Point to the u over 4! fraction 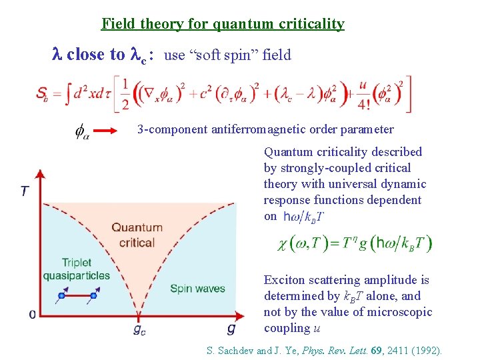363,94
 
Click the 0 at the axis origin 32,313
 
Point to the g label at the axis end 231,328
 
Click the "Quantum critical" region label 137,235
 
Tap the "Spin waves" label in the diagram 197,289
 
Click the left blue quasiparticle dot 62,295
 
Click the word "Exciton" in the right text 285,280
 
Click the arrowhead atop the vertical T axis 39,175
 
